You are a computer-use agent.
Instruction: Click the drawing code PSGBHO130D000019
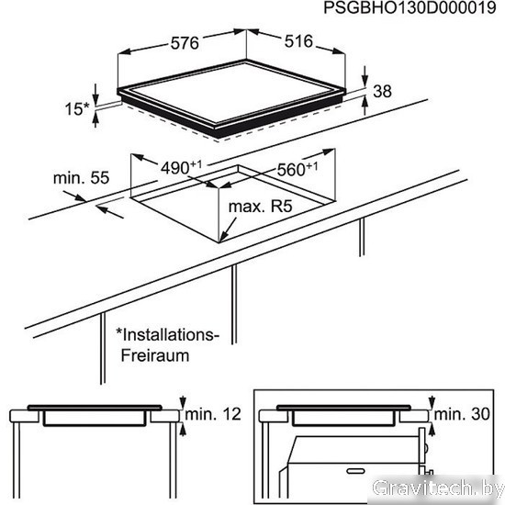coord(410,7)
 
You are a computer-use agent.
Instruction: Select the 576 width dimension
coord(185,43)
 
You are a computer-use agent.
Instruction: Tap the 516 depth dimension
coord(298,41)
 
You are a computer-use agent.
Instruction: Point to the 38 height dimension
coord(382,91)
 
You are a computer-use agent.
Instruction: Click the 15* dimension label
coord(76,109)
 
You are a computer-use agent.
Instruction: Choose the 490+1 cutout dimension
coord(181,167)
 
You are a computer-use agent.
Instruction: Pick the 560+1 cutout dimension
coord(297,169)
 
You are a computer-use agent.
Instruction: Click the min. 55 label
coord(81,178)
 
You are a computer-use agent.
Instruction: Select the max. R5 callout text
coord(260,206)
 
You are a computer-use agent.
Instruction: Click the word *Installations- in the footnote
coord(167,335)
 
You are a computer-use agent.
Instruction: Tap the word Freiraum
coord(155,355)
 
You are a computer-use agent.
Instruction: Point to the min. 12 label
coord(213,414)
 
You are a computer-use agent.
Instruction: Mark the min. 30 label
coord(462,414)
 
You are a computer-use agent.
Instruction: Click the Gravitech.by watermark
coord(438,488)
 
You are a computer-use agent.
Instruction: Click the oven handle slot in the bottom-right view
coord(355,471)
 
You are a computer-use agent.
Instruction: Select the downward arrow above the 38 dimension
coord(365,76)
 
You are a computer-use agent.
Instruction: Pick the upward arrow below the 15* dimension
coord(95,119)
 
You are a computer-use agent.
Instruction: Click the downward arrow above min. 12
coord(183,402)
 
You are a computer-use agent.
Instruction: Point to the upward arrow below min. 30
coord(432,430)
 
